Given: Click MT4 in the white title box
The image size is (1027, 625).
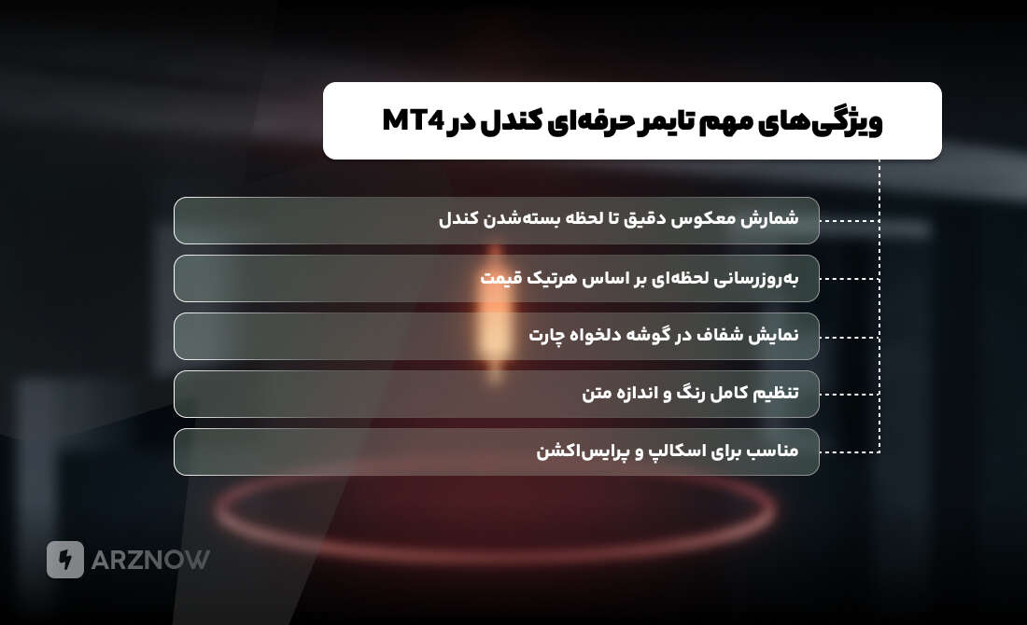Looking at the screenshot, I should point(412,122).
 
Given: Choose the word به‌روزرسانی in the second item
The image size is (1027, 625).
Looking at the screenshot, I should point(757,278).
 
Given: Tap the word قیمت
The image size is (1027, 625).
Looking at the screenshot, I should point(499,278).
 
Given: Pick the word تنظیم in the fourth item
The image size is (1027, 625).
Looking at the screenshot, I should point(773,394).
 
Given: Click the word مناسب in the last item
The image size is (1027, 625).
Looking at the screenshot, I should point(771,451).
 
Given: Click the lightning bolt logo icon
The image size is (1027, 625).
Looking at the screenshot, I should point(65,560).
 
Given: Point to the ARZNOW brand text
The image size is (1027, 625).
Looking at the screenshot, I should point(150,560).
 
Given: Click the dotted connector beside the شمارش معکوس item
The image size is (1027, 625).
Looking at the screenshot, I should point(850,221).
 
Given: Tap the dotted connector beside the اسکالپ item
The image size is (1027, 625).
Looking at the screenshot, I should point(850,452).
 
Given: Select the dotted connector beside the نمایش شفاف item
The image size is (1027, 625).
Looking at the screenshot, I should point(850,337).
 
